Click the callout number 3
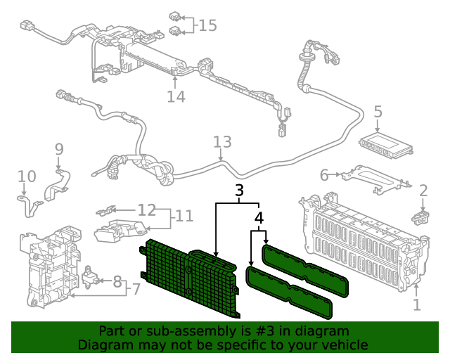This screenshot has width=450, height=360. (x=239, y=190)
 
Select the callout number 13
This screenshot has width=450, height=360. (x=222, y=142)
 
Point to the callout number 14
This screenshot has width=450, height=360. (x=176, y=96)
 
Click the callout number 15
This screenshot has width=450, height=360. (x=207, y=25)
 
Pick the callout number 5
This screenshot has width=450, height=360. (x=378, y=111)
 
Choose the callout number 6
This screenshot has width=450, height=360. (x=324, y=174)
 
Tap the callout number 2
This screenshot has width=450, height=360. (x=423, y=190)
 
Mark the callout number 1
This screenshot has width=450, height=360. (x=416, y=304)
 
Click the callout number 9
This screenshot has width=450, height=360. (x=59, y=149)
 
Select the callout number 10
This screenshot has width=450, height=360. (x=26, y=176)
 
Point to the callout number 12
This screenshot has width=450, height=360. (x=146, y=210)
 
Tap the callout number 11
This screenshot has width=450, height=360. (x=184, y=215)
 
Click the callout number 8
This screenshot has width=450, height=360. (x=117, y=281)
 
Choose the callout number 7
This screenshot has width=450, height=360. (x=136, y=288)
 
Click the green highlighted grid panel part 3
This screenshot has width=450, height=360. (x=190, y=278)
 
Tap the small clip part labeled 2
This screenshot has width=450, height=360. (x=420, y=212)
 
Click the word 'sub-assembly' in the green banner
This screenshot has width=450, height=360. (x=178, y=331)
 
